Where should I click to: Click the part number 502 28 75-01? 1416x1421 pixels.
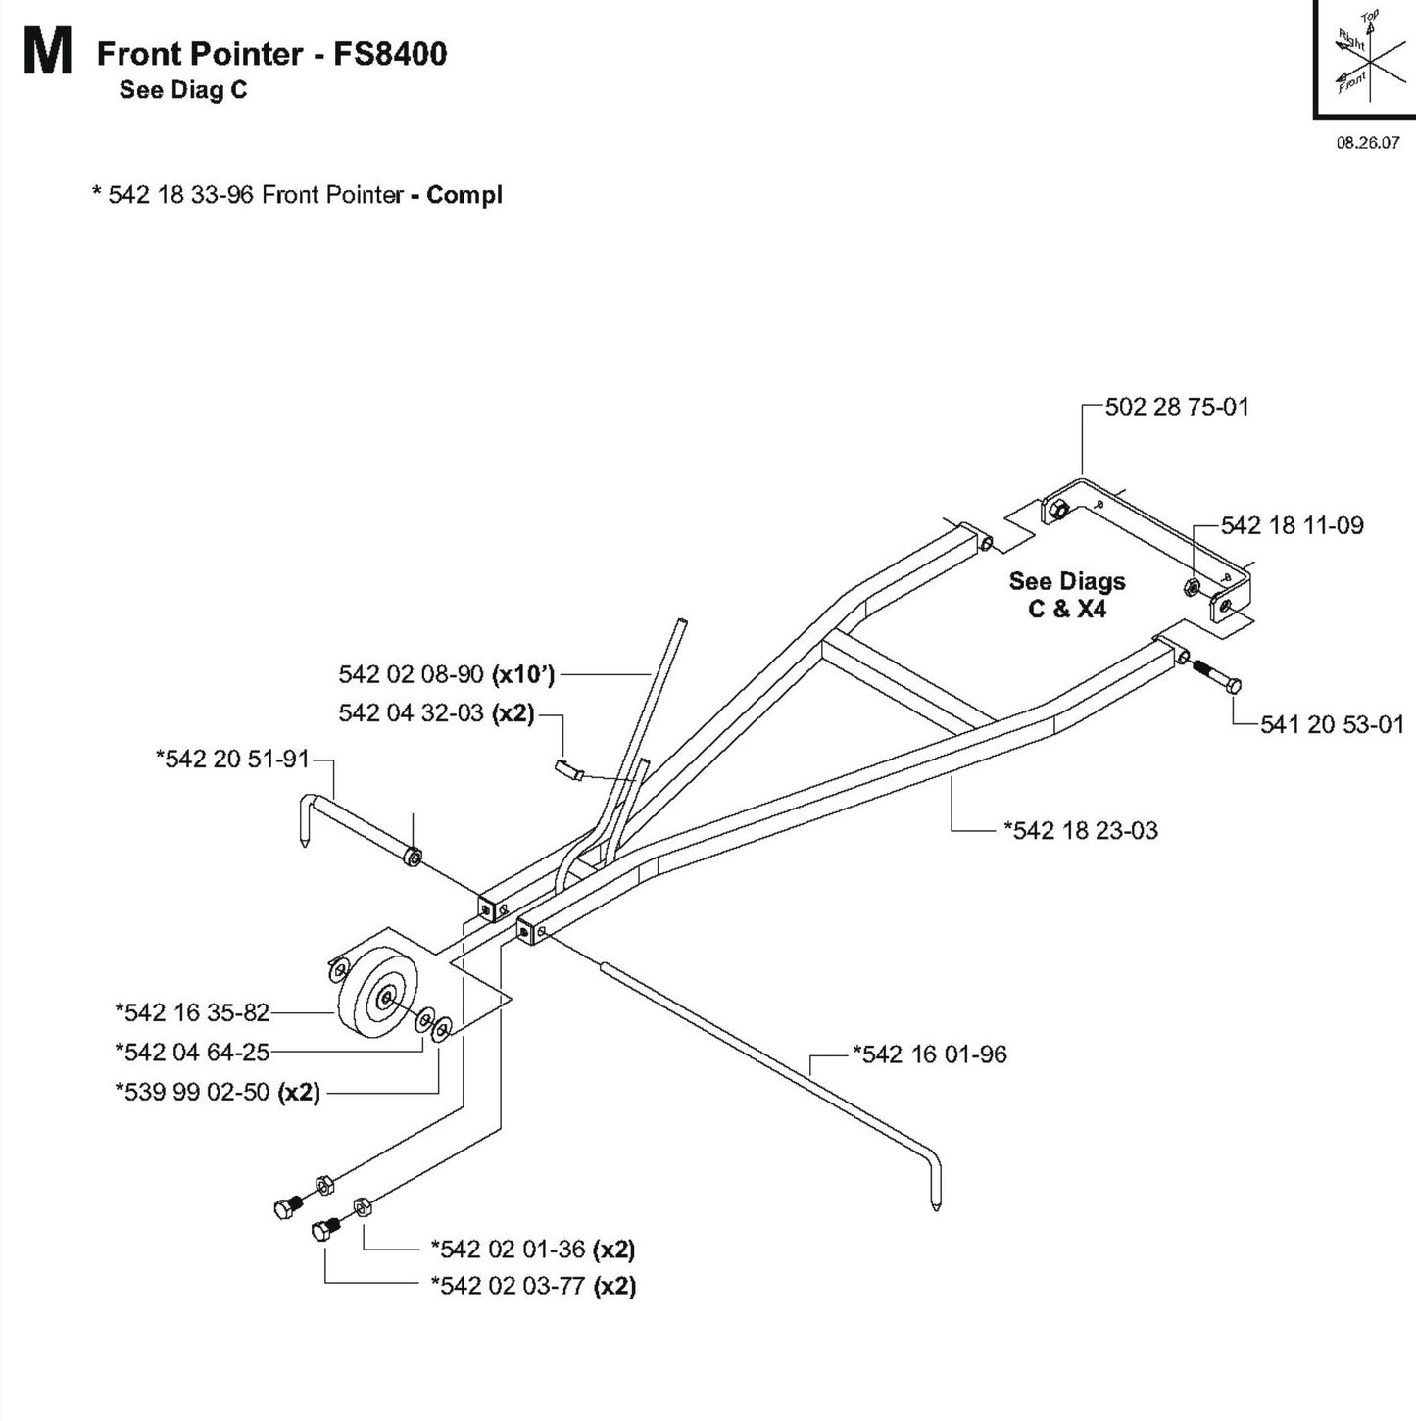(1177, 407)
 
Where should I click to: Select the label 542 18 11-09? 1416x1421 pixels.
(1292, 525)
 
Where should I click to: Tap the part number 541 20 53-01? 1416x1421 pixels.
(1332, 724)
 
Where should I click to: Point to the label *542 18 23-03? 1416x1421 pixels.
(1080, 830)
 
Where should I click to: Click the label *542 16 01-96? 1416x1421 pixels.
(929, 1054)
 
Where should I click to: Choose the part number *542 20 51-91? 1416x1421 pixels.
(232, 759)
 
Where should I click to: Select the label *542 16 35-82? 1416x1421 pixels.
(192, 1011)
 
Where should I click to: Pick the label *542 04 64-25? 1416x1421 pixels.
(192, 1052)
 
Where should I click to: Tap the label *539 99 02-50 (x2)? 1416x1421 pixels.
(218, 1092)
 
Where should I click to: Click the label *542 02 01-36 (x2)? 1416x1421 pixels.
(533, 1249)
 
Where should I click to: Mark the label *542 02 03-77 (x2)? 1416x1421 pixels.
(533, 1286)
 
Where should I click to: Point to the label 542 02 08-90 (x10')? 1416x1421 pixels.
(447, 674)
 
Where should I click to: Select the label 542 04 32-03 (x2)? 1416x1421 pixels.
(437, 712)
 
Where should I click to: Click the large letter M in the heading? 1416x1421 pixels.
(48, 54)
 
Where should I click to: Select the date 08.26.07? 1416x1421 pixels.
(1368, 143)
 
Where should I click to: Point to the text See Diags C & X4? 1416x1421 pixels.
(1067, 595)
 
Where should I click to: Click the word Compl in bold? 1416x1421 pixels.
(464, 195)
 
